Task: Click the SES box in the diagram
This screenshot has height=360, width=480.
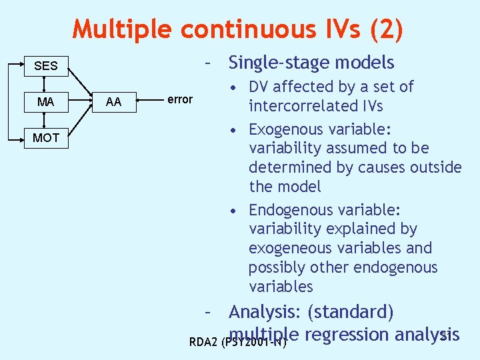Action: click(45, 66)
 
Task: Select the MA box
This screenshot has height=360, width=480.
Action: click(45, 102)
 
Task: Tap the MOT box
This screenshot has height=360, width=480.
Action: click(45, 138)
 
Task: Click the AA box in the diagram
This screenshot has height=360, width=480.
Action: click(113, 102)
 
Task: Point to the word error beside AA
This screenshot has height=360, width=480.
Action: click(179, 99)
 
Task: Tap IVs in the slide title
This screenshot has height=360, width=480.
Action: click(335, 29)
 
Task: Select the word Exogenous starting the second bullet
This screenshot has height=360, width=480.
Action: click(287, 129)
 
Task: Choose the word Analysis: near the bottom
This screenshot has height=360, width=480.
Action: click(265, 312)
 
